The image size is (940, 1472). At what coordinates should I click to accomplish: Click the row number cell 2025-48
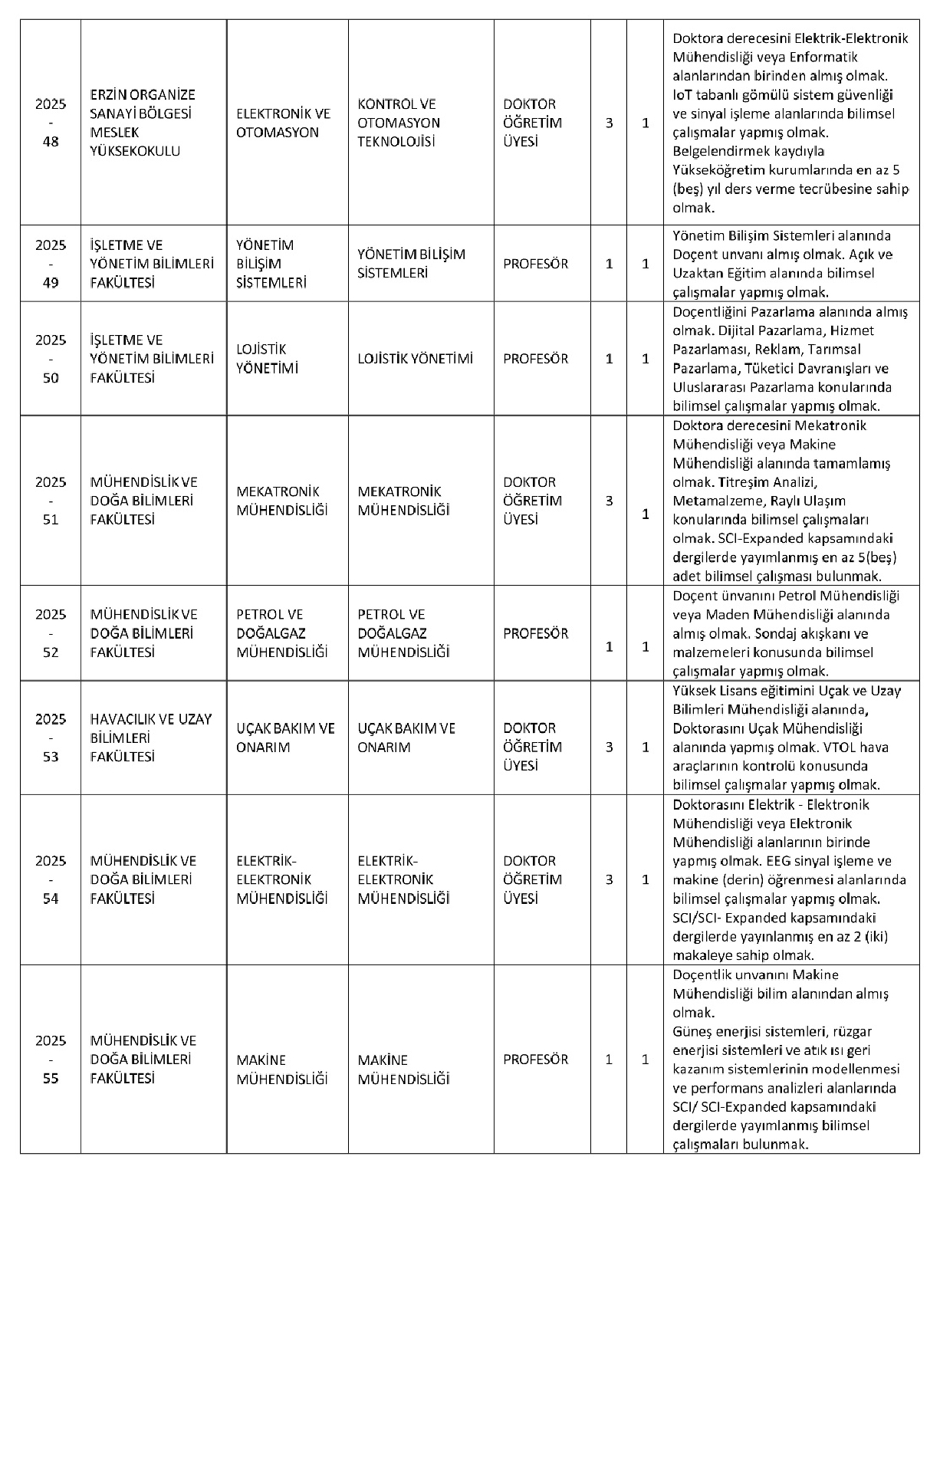[51, 123]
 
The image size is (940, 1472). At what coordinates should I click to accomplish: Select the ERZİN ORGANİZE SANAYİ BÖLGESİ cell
[143, 123]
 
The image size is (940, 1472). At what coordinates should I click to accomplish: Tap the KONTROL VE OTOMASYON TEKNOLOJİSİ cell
[399, 123]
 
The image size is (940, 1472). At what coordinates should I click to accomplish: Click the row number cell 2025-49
[51, 264]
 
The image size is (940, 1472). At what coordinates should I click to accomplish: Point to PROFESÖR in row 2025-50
[535, 359]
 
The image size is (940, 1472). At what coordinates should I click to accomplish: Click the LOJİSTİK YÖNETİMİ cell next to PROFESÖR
[415, 359]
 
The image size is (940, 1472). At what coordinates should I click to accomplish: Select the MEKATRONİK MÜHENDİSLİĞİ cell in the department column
[282, 501]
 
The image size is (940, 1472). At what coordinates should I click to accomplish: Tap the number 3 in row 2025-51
[610, 501]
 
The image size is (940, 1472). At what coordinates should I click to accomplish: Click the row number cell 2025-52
[51, 633]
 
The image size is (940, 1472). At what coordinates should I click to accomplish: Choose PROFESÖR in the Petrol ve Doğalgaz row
[535, 633]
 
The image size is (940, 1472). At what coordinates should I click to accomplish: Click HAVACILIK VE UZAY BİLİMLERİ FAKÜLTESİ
[151, 738]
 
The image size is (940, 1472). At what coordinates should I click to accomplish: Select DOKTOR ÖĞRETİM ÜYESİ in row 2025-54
[532, 879]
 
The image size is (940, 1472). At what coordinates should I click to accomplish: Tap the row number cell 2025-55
[51, 1060]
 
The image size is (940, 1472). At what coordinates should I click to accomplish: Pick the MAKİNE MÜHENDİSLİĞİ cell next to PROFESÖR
[403, 1069]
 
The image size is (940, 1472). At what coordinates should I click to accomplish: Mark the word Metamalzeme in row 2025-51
[711, 501]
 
